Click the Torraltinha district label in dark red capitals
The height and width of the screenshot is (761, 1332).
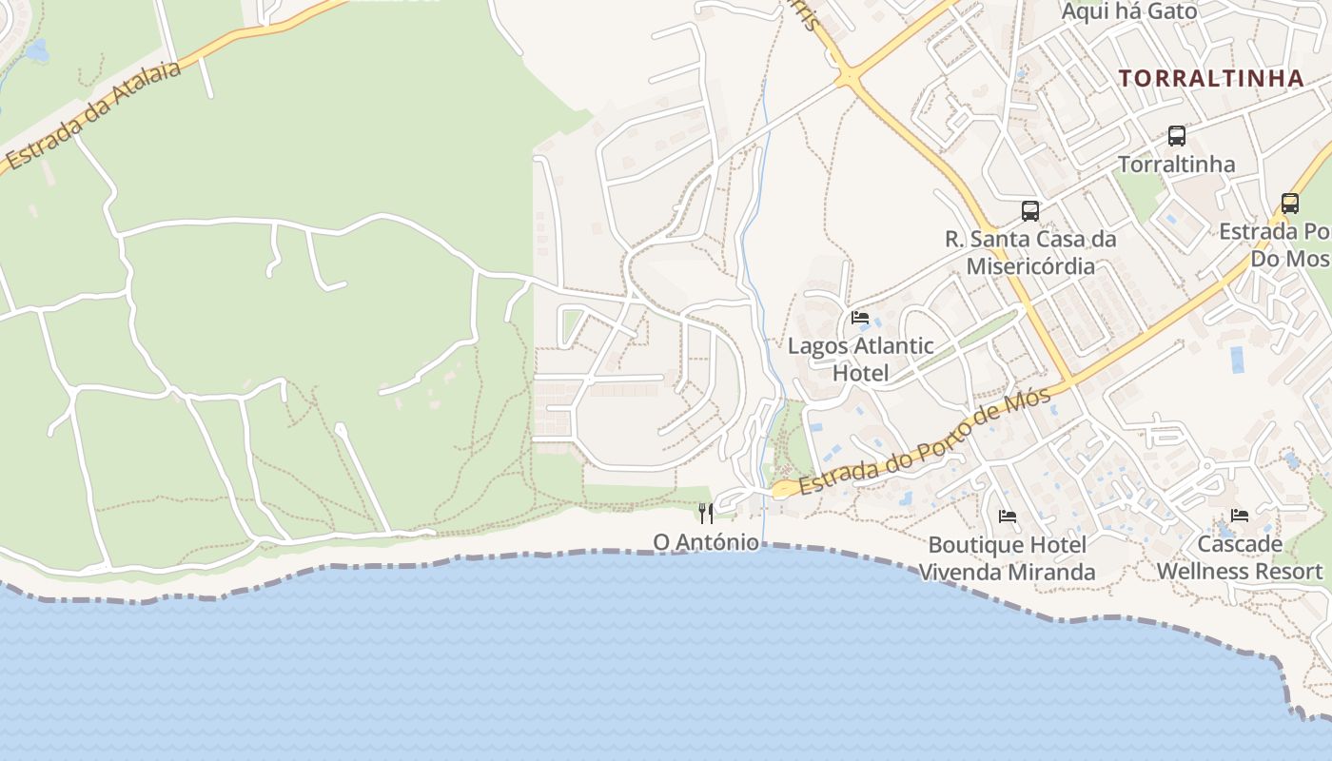tap(1210, 78)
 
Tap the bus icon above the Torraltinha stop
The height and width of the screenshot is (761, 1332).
tap(1177, 136)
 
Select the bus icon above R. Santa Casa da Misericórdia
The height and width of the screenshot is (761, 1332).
tap(1030, 211)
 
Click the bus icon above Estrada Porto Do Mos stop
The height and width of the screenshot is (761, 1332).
tap(1290, 204)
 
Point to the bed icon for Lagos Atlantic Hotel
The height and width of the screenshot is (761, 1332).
tap(860, 318)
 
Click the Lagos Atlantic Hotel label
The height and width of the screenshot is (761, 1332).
tap(860, 360)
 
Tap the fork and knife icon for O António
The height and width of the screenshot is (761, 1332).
tap(706, 514)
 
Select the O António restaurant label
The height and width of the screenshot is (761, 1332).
tap(706, 542)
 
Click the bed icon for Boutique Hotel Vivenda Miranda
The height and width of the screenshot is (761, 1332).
tap(1008, 517)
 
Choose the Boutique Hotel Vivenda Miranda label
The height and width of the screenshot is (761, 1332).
tap(1007, 558)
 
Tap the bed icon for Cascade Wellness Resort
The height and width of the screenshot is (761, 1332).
tap(1240, 516)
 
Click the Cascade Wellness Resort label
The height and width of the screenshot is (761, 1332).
tap(1240, 557)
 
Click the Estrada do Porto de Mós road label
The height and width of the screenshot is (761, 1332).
tap(925, 443)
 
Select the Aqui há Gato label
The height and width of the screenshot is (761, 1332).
tap(1129, 11)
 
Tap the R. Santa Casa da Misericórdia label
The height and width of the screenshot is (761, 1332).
tap(1030, 252)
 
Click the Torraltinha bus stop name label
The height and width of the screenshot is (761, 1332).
tap(1177, 165)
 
